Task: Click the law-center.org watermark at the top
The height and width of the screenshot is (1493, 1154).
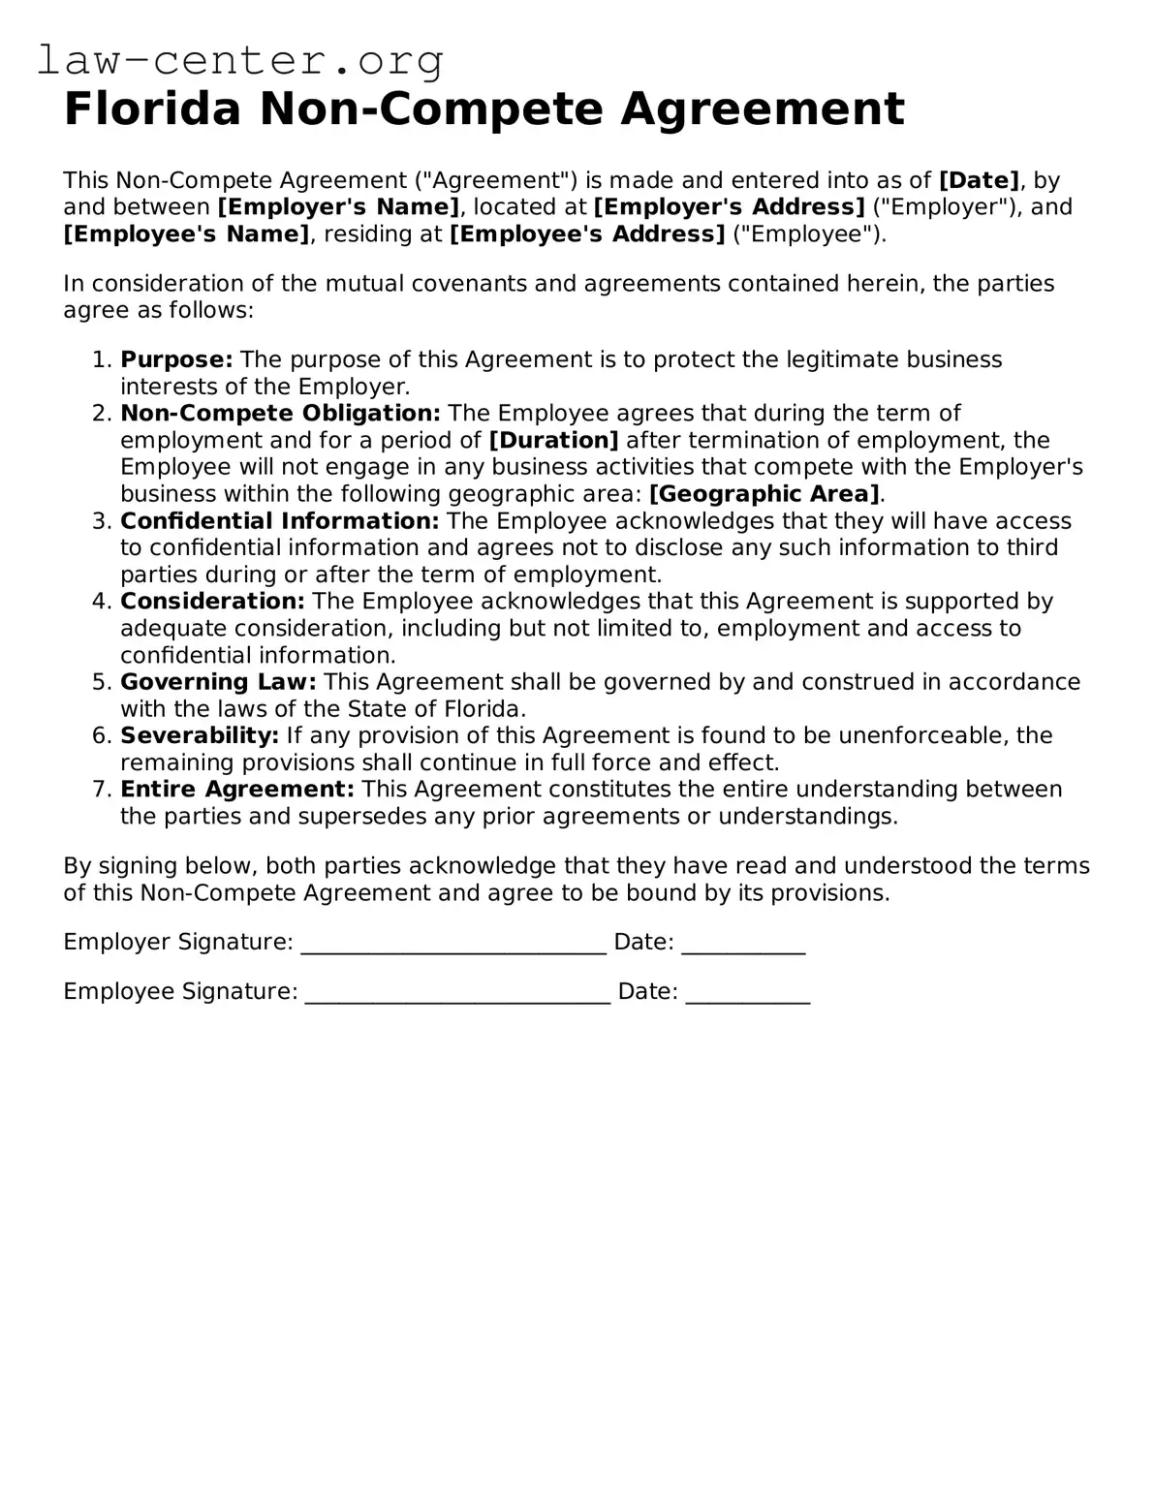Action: click(x=240, y=61)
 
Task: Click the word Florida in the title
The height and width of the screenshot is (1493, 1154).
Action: click(x=151, y=109)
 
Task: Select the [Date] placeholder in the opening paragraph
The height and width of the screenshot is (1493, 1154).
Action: click(x=979, y=180)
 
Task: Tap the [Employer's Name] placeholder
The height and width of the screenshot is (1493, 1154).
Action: click(x=338, y=207)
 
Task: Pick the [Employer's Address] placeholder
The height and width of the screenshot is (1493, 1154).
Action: click(x=729, y=207)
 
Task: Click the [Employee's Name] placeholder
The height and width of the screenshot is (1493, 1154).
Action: click(x=187, y=234)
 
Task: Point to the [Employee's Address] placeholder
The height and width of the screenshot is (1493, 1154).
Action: click(x=587, y=234)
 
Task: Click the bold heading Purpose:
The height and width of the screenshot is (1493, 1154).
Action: click(x=176, y=359)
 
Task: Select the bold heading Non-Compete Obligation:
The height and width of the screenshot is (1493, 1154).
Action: click(x=280, y=414)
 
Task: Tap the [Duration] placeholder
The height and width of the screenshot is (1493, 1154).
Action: click(x=553, y=441)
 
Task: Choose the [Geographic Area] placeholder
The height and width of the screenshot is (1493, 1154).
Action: click(x=764, y=494)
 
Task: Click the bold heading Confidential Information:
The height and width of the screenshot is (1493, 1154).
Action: click(x=280, y=521)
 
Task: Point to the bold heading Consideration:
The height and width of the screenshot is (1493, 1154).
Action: click(x=212, y=602)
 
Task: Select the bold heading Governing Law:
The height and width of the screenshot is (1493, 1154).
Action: click(x=218, y=682)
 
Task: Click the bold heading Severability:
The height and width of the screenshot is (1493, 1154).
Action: click(x=200, y=735)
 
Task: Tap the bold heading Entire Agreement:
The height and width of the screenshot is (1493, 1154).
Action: click(x=237, y=790)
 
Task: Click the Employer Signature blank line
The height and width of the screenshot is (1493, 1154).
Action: click(x=453, y=944)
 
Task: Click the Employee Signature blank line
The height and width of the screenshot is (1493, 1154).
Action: click(x=457, y=993)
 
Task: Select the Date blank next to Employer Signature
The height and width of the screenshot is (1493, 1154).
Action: click(x=743, y=944)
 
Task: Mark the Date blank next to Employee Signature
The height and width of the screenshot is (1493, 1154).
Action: click(x=747, y=993)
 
